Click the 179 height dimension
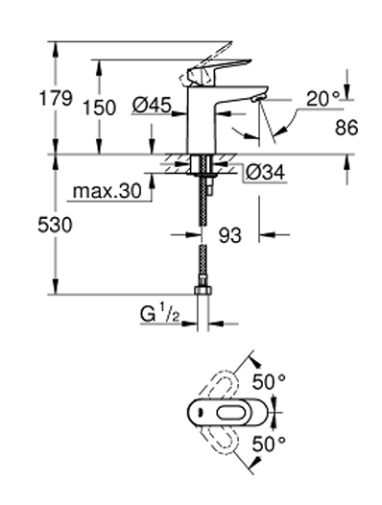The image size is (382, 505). click(56, 98)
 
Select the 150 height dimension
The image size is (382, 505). click(99, 108)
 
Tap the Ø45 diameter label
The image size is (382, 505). click(152, 106)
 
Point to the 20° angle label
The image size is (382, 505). click(322, 99)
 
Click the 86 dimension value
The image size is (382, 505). click(346, 128)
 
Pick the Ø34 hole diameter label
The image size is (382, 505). click(265, 172)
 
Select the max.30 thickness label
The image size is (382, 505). click(107, 191)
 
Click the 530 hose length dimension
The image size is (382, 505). click(55, 225)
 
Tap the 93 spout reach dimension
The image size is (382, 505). click(230, 235)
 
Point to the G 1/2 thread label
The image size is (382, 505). click(159, 315)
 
